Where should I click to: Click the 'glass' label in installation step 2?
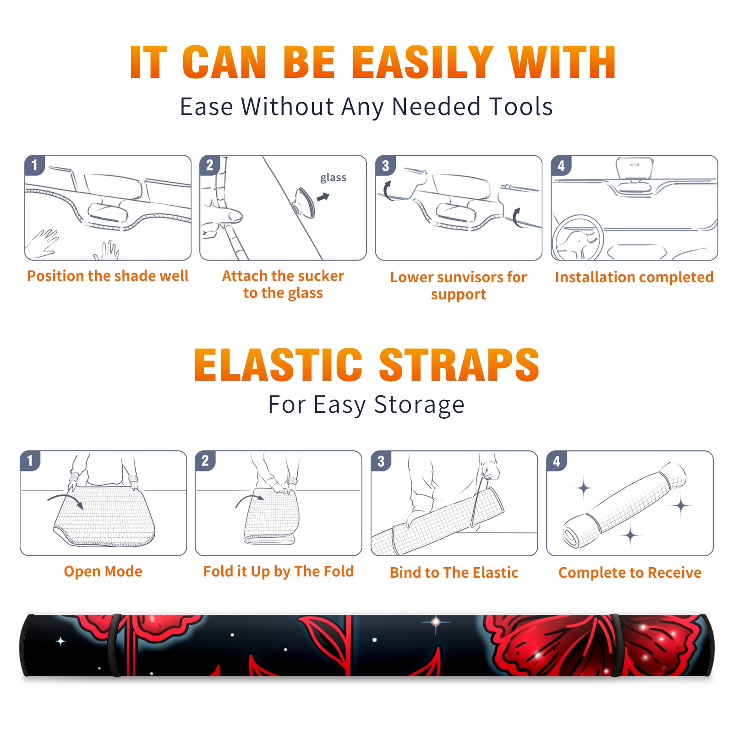click(333, 178)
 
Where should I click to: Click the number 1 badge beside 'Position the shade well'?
click(35, 165)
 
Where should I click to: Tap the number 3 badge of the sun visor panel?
click(385, 165)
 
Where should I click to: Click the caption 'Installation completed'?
click(634, 277)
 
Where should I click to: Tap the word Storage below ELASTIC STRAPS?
click(419, 405)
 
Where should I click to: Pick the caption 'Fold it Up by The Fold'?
click(279, 572)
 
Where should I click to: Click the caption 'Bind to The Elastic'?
click(454, 573)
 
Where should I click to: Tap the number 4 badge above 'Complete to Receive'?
click(557, 461)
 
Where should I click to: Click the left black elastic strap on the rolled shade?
click(115, 645)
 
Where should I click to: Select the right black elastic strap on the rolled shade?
click(616, 645)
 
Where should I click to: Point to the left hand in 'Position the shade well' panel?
click(42, 244)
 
